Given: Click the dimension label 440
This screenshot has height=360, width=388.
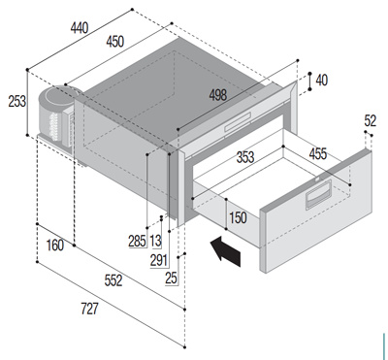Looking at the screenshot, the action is pyautogui.click(x=80, y=28).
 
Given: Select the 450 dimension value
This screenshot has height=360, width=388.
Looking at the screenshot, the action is pyautogui.click(x=114, y=42).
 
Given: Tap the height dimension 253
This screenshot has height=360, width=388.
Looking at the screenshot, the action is pyautogui.click(x=16, y=102).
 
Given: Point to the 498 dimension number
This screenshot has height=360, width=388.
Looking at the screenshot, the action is pyautogui.click(x=218, y=95).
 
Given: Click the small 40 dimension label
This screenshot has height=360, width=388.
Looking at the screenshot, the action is pyautogui.click(x=321, y=81).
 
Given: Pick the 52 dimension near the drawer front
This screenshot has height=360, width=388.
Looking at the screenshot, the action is pyautogui.click(x=371, y=121).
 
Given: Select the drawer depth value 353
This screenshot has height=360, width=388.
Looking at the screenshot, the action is pyautogui.click(x=245, y=157).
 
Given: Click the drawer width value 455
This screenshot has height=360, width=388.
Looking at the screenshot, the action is pyautogui.click(x=318, y=154).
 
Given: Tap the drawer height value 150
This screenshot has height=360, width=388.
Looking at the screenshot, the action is pyautogui.click(x=238, y=217).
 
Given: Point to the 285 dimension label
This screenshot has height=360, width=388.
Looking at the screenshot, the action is pyautogui.click(x=138, y=242).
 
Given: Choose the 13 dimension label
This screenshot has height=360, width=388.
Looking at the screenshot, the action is pyautogui.click(x=155, y=242).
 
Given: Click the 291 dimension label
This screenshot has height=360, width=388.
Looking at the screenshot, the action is pyautogui.click(x=159, y=261).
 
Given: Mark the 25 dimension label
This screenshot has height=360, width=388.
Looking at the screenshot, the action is pyautogui.click(x=172, y=278).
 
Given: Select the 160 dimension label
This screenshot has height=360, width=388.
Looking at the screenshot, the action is pyautogui.click(x=55, y=245).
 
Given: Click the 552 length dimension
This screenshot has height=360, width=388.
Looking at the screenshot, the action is pyautogui.click(x=113, y=280).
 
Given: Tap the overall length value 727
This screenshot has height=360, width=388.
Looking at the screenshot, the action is pyautogui.click(x=89, y=309).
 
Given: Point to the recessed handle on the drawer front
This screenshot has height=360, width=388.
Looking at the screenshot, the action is pyautogui.click(x=319, y=194).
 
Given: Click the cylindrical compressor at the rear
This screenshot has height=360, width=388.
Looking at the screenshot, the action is pyautogui.click(x=57, y=116).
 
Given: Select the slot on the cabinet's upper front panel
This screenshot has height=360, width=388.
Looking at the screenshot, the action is pyautogui.click(x=238, y=121).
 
